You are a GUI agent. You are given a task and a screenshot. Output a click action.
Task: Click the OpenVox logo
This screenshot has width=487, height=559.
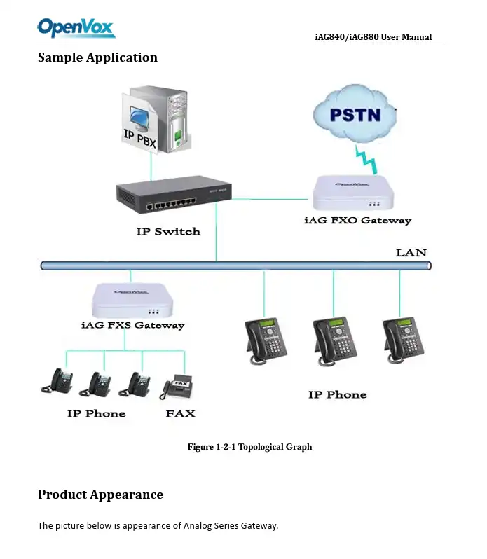pos(76,27)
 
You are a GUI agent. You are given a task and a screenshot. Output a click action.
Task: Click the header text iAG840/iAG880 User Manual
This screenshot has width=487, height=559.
pos(373,37)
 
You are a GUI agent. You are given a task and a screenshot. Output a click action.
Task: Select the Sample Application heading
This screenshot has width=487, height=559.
pos(97,57)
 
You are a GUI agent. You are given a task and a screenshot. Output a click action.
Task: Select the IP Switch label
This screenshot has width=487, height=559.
pos(167,231)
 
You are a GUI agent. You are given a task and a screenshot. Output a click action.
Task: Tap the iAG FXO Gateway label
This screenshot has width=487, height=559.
pos(357,221)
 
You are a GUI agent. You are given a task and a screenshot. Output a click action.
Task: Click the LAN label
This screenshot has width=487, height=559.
pos(411,252)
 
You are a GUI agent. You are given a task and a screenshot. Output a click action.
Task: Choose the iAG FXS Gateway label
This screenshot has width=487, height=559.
pos(132,325)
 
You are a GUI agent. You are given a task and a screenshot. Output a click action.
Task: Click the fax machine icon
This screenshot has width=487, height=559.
pos(178,386)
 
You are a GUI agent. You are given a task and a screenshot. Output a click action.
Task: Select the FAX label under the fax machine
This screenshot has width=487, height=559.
pos(180,413)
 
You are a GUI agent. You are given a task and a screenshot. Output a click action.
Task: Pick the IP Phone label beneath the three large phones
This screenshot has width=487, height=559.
pos(337,395)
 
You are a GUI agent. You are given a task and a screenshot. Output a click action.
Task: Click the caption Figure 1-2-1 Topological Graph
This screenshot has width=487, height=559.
pos(249,447)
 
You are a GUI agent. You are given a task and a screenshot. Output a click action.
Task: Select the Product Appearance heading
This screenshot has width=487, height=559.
pos(100,495)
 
